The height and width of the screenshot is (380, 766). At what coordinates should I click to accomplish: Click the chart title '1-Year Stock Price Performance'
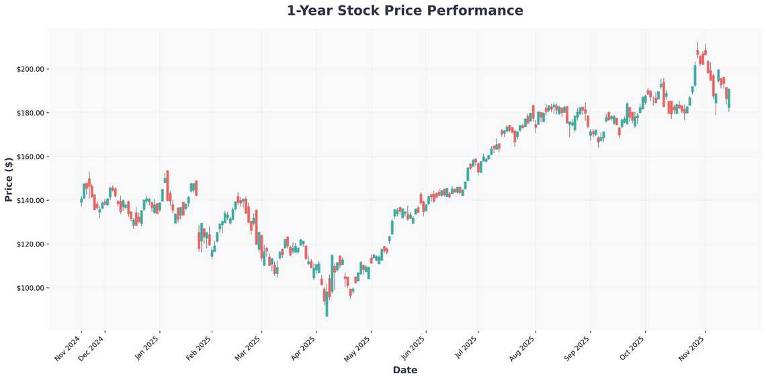click(405, 11)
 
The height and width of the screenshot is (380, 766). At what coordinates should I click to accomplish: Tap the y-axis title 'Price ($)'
click(9, 179)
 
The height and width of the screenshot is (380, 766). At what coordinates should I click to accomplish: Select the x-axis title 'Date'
click(405, 370)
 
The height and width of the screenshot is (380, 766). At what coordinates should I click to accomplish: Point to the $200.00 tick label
click(30, 69)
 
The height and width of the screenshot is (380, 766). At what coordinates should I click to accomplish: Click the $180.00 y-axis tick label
click(30, 113)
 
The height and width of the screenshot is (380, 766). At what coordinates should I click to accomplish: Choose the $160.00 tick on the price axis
click(30, 156)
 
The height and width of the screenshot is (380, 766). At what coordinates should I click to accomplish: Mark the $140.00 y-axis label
click(30, 201)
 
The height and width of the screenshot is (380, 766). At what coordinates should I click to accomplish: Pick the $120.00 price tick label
click(30, 244)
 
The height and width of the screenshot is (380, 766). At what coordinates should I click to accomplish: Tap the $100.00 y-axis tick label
click(30, 288)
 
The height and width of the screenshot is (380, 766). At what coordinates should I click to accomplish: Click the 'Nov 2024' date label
click(68, 348)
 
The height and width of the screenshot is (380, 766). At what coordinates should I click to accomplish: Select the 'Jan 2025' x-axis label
click(147, 348)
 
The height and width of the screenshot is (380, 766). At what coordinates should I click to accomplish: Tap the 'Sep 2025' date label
click(577, 348)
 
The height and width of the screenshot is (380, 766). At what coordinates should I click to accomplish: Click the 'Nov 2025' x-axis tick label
click(692, 348)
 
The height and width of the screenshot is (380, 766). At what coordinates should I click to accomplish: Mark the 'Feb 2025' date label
click(199, 348)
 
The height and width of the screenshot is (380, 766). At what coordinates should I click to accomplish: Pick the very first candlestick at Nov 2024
click(81, 200)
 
